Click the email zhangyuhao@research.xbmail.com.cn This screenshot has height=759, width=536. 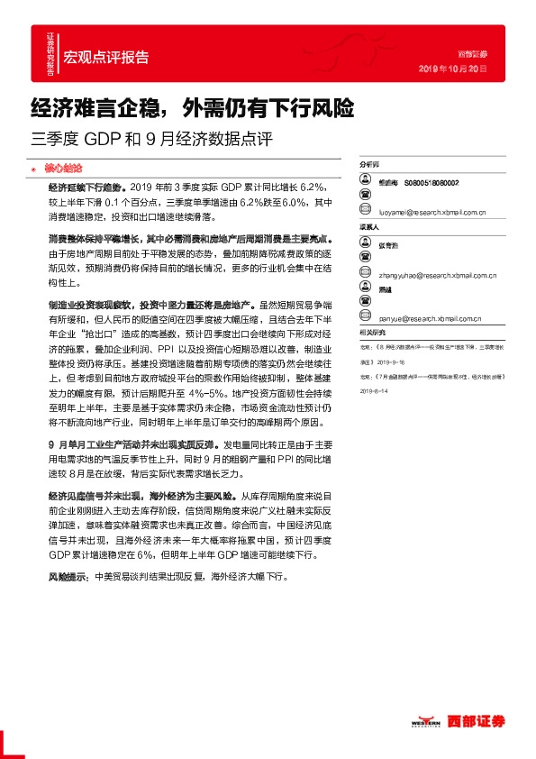439,267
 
